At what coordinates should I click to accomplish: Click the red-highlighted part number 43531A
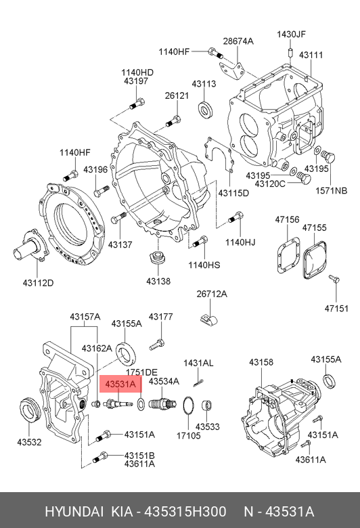tap(120, 384)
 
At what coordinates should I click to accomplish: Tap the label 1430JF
tap(291, 35)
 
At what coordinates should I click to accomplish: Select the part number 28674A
tap(238, 41)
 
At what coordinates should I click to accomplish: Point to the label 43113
tap(204, 84)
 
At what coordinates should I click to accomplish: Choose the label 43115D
tap(233, 194)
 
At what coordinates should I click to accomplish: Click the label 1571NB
tap(331, 191)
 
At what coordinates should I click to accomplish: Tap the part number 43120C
tap(270, 184)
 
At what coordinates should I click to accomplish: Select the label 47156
tap(287, 219)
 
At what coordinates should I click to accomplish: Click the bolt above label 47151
tap(334, 278)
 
